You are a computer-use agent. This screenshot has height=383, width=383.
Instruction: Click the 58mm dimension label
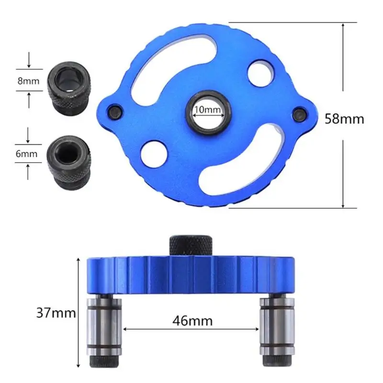(344, 119)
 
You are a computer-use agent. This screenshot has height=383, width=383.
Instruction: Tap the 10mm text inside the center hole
(208, 110)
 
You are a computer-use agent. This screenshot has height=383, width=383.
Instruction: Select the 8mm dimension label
(28, 81)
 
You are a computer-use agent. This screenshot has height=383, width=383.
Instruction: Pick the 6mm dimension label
(26, 154)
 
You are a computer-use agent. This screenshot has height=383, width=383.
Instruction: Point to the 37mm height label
(56, 313)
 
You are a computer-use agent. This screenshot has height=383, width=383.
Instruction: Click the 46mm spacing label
(192, 321)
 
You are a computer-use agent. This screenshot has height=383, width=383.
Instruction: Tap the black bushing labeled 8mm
(69, 89)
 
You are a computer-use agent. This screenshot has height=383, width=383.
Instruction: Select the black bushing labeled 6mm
(69, 162)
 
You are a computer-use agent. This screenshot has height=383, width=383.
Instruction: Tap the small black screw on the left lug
(115, 112)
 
